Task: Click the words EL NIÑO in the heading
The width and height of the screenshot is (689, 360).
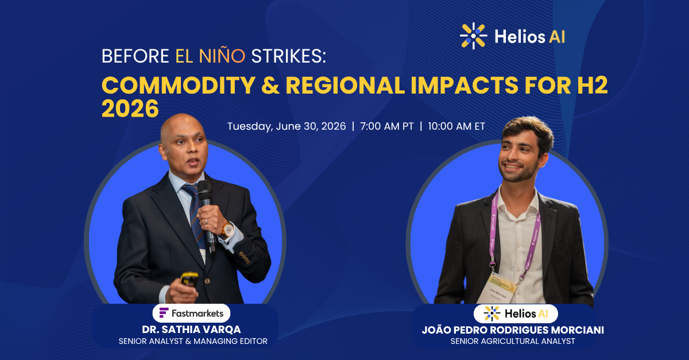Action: tap(210, 56)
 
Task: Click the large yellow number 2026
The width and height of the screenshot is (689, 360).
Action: tap(130, 109)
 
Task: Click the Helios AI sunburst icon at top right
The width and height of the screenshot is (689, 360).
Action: tap(473, 36)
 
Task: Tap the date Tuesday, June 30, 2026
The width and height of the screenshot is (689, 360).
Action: tap(287, 126)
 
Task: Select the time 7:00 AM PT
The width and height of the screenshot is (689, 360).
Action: tap(386, 126)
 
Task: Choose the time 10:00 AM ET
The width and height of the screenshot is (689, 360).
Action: tap(456, 126)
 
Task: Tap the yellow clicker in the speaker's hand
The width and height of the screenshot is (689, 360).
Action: tap(189, 278)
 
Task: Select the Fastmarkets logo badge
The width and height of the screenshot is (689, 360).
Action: tap(191, 313)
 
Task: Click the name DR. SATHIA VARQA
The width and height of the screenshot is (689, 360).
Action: tap(191, 330)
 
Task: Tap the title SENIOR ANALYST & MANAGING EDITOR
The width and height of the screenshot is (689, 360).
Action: tap(193, 341)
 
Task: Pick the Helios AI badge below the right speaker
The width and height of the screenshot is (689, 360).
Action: tap(516, 313)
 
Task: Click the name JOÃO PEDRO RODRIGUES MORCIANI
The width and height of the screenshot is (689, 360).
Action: tap(513, 330)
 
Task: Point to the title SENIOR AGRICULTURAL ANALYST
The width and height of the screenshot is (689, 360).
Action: tap(513, 341)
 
